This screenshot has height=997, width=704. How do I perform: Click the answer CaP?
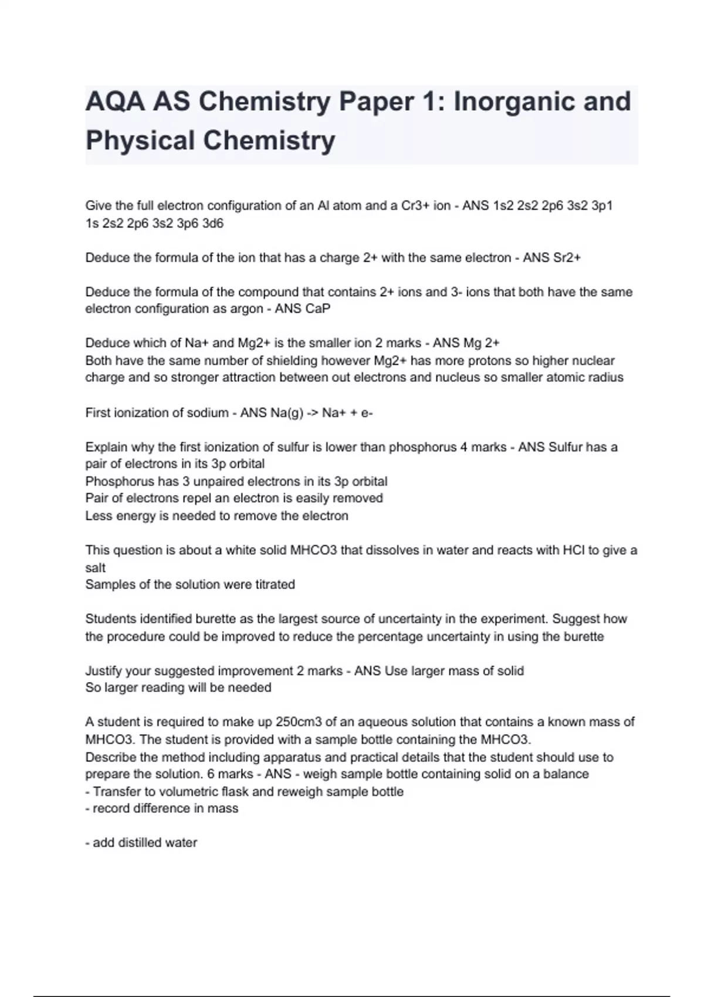tap(318, 308)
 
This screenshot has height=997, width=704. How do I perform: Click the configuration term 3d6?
tap(213, 223)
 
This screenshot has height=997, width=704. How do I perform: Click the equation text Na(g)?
tap(287, 412)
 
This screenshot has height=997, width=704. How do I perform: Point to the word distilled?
tap(141, 843)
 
